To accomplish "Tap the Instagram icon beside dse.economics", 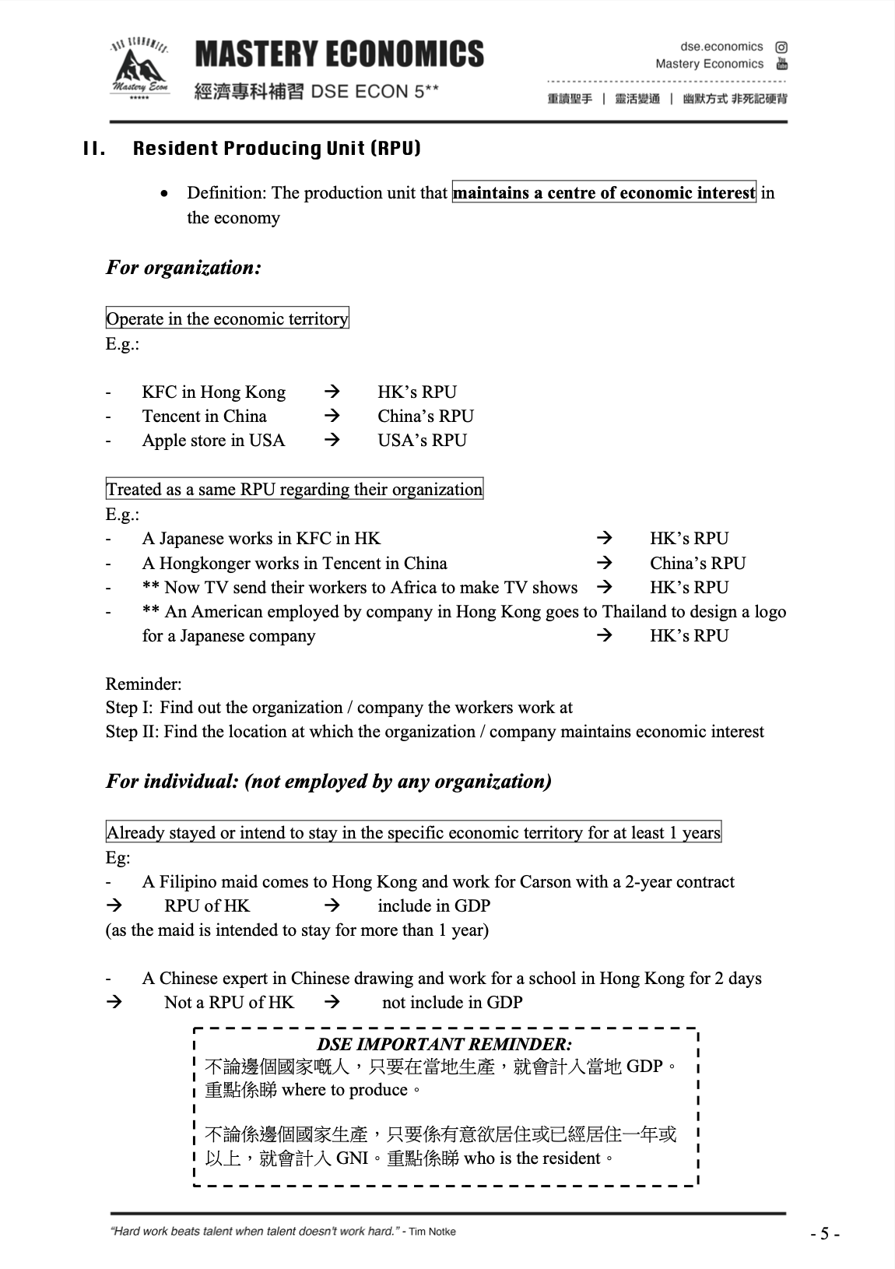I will click(781, 47).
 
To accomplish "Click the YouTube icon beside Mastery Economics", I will click(781, 64).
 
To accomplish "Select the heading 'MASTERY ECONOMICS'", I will click(339, 55).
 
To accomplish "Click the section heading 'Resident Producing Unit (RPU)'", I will click(276, 149).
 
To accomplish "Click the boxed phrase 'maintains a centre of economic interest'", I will click(604, 192).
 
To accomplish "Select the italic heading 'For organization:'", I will click(184, 268).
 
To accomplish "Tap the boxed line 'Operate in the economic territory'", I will click(227, 318).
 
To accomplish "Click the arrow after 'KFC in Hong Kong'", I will click(332, 392).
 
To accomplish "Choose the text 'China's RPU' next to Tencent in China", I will click(426, 416).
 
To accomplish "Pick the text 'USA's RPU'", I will click(422, 440).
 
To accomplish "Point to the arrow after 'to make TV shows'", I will click(604, 587).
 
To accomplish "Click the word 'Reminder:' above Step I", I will click(144, 684).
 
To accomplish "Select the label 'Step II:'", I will click(133, 732).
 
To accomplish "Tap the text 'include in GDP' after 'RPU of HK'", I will click(433, 905).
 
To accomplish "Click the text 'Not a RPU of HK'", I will click(230, 1002).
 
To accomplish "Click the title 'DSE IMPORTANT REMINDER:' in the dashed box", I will click(444, 1044).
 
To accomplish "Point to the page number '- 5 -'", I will click(824, 1233).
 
